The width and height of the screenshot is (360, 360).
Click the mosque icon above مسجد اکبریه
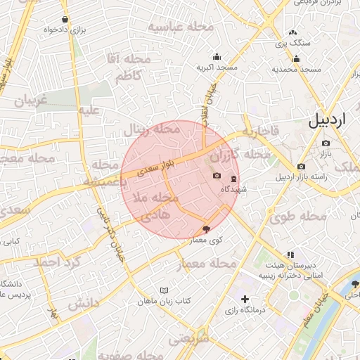point(217,57)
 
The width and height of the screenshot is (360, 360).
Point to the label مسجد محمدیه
point(297,70)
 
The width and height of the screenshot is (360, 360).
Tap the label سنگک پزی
point(292,44)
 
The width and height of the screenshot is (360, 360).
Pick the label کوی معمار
point(206,240)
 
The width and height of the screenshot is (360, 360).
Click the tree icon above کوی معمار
point(206,229)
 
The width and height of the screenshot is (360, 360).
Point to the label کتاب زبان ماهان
point(165,301)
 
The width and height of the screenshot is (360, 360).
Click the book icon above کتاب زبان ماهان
point(165,290)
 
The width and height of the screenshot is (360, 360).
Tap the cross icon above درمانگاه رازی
point(245,300)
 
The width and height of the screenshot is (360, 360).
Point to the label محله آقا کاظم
point(124,67)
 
